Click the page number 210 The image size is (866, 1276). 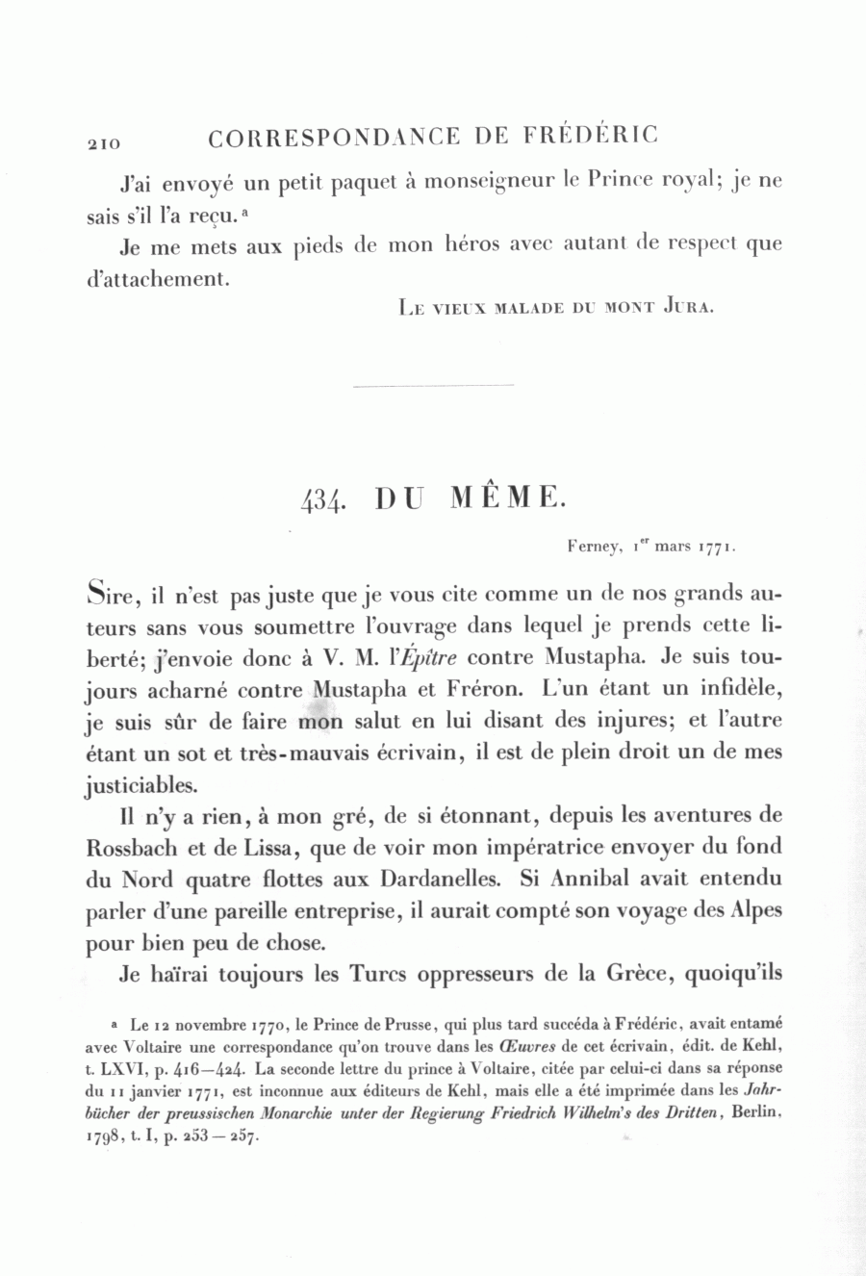[103, 143]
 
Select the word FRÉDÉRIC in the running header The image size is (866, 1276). [591, 136]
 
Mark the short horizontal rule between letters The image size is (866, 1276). [434, 386]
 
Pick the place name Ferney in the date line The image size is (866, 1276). [593, 547]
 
